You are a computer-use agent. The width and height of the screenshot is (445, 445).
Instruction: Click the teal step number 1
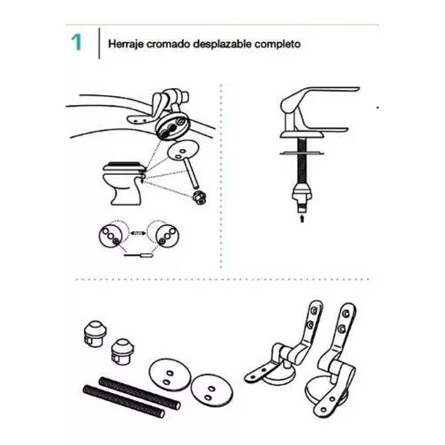(76, 42)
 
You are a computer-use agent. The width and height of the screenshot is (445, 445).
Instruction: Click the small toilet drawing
(124, 183)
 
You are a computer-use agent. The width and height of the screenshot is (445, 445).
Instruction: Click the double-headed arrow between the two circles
(138, 233)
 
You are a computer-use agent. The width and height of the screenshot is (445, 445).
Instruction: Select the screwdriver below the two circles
(138, 255)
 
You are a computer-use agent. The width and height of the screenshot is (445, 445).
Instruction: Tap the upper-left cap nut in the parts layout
(96, 334)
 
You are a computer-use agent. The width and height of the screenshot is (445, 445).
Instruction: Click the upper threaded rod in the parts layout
(140, 393)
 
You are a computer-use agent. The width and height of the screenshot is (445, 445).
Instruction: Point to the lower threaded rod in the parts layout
(124, 401)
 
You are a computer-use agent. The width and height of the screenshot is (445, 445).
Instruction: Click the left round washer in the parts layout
(169, 377)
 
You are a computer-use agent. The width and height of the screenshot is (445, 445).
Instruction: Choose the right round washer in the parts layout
(212, 392)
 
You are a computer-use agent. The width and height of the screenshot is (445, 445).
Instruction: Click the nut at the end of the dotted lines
(199, 197)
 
